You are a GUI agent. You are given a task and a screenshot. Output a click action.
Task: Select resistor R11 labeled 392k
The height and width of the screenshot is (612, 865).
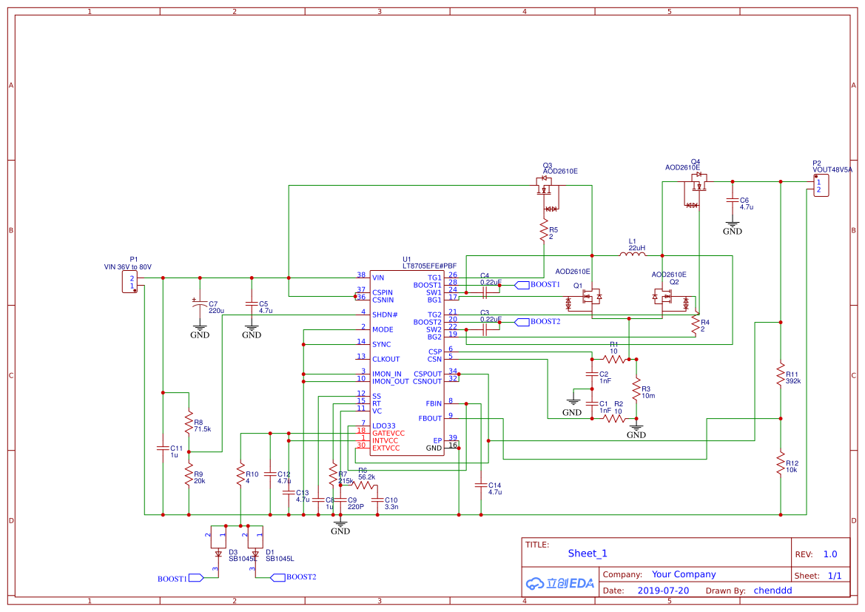click(x=780, y=374)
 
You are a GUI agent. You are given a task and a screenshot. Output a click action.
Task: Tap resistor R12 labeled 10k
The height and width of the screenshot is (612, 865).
click(x=780, y=464)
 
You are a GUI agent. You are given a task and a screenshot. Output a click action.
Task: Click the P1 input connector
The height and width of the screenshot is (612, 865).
click(x=132, y=282)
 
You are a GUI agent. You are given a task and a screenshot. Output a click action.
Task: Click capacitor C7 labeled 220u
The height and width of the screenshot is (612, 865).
click(x=199, y=304)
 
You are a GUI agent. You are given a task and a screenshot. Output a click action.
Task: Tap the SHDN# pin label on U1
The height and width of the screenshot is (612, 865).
click(x=385, y=315)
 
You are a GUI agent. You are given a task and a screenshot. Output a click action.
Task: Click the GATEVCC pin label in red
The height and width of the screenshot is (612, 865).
click(x=388, y=433)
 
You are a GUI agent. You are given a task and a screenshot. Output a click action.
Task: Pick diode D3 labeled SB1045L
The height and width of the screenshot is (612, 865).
click(x=218, y=553)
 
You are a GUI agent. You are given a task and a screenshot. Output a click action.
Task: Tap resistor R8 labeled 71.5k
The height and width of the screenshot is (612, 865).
click(x=189, y=423)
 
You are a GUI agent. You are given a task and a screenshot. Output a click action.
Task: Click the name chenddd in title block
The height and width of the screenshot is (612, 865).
click(x=773, y=591)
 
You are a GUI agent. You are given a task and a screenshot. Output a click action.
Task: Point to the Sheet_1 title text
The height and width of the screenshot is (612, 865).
click(x=588, y=553)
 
